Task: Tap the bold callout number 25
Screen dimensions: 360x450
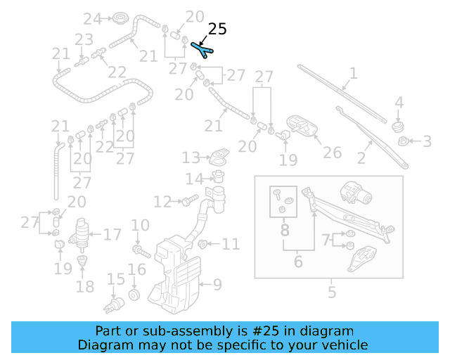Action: click(x=218, y=30)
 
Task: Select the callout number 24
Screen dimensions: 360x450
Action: click(x=93, y=18)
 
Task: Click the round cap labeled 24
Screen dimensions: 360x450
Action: click(x=120, y=18)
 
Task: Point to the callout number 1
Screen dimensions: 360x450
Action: click(x=353, y=72)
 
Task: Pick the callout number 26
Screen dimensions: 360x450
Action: click(x=332, y=153)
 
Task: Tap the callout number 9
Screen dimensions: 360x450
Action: click(x=217, y=285)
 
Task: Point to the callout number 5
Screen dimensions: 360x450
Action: click(x=332, y=292)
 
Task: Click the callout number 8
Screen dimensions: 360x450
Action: click(x=284, y=230)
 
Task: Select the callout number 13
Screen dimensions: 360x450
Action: click(x=192, y=157)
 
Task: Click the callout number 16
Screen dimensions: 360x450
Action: click(x=136, y=269)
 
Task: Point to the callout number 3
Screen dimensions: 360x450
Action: click(x=427, y=142)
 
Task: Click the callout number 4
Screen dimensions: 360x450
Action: click(x=399, y=103)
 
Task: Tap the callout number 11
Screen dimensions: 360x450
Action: click(x=231, y=245)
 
